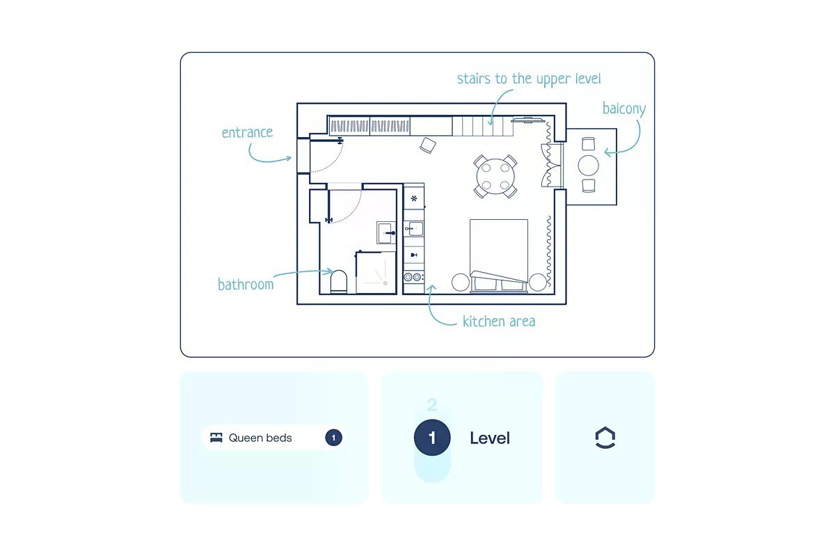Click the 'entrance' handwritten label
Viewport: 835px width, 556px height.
(x=247, y=132)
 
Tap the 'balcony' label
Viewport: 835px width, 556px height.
(x=624, y=109)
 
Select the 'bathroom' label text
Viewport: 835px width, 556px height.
(x=246, y=284)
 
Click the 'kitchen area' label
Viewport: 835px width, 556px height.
(x=499, y=321)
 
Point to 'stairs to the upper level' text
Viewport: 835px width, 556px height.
(x=529, y=79)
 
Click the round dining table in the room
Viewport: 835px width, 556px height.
(x=495, y=176)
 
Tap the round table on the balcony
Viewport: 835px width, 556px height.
(x=588, y=165)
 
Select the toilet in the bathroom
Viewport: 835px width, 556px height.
(x=338, y=282)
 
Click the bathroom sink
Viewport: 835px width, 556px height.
(x=386, y=232)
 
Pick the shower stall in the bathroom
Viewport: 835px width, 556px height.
(x=376, y=273)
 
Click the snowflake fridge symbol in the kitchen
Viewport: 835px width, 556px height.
(x=414, y=198)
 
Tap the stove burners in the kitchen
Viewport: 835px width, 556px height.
(x=413, y=277)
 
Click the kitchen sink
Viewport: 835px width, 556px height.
(x=414, y=228)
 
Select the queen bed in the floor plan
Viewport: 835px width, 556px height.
(x=499, y=255)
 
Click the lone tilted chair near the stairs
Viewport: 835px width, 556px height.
(x=427, y=145)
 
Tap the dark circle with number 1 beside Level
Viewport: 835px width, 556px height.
(x=432, y=438)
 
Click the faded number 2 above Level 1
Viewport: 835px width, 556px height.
(x=432, y=405)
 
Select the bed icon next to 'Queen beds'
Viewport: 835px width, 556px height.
(x=216, y=438)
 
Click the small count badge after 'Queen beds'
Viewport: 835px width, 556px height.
(x=333, y=438)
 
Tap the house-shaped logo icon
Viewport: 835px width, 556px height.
(x=605, y=438)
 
